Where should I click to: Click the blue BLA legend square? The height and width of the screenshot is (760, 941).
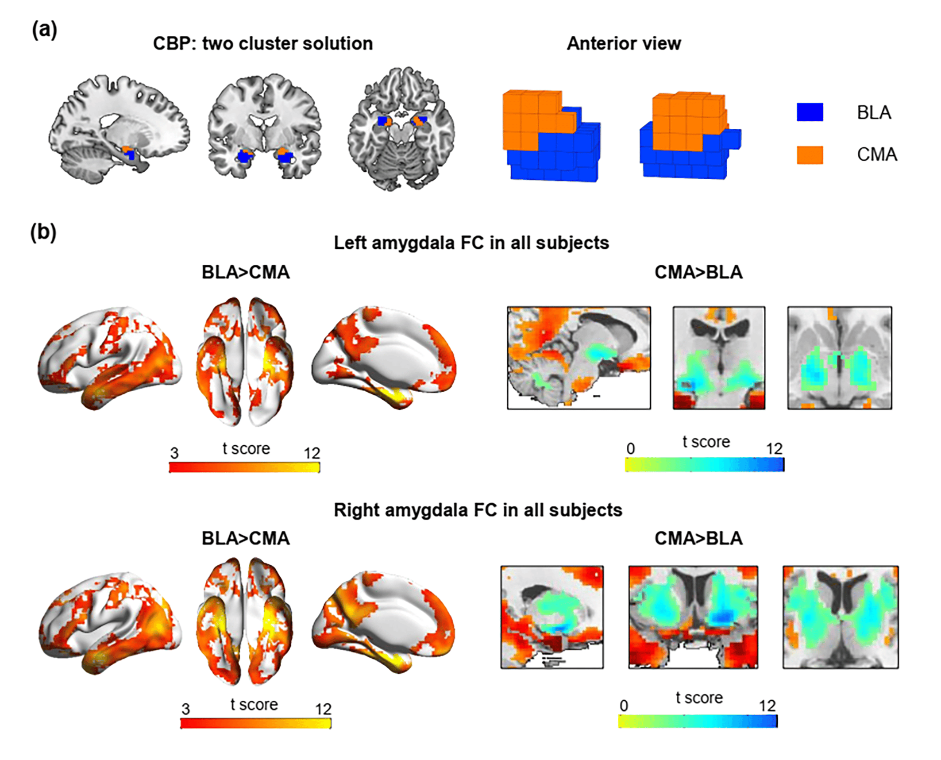[x=810, y=112]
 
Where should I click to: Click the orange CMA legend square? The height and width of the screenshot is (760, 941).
[x=810, y=155]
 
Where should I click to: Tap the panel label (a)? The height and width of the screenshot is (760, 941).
[x=45, y=30]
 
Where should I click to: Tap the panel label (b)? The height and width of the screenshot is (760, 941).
[x=43, y=232]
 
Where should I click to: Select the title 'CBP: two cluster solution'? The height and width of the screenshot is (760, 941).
[x=263, y=44]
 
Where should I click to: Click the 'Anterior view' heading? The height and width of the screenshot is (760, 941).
[x=624, y=43]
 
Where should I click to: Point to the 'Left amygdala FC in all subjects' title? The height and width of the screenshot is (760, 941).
[x=471, y=243]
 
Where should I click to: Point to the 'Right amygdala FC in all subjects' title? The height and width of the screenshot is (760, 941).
[x=478, y=510]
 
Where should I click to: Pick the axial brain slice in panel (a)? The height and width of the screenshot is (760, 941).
[x=401, y=129]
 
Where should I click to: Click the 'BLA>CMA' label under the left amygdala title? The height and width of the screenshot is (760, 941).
[x=246, y=272]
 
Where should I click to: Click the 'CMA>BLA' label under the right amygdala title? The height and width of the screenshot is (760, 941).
[x=698, y=538]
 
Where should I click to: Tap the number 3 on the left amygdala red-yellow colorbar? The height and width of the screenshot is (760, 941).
[x=174, y=453]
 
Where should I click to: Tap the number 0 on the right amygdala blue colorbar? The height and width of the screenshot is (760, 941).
[x=624, y=706]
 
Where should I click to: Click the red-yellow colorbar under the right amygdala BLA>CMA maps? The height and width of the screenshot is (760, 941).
[x=256, y=723]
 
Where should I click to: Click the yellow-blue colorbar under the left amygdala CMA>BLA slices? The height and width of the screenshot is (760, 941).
[x=705, y=464]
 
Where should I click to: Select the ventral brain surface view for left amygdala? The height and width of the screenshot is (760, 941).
[x=245, y=361]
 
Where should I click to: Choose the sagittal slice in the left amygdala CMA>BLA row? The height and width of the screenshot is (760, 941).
[x=579, y=358]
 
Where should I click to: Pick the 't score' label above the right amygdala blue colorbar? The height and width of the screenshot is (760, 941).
[x=699, y=698]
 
